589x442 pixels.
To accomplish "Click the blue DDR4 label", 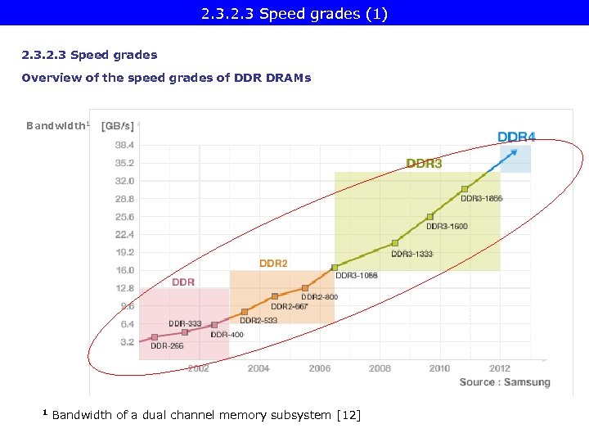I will (516, 137).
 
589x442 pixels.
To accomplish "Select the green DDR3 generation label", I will (424, 164).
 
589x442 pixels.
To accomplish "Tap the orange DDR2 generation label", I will (273, 264).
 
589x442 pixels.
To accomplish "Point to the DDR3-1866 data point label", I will (482, 198).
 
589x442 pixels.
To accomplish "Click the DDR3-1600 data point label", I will (447, 226).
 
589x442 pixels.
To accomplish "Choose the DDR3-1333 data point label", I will (411, 254).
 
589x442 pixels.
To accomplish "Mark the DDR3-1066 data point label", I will (356, 276).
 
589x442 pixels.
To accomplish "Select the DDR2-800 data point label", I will (319, 296).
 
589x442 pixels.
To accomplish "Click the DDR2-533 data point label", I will (259, 320).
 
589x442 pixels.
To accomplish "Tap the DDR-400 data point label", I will (227, 334).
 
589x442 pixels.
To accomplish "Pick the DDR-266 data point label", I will (168, 345).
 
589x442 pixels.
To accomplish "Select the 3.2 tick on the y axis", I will (128, 342).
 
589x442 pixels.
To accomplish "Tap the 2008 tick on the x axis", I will (380, 368).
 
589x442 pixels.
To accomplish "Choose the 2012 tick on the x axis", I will (499, 368).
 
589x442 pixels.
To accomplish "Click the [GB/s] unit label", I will (117, 126).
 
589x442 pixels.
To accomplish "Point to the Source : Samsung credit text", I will (504, 382).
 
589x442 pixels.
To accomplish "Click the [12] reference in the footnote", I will (348, 415).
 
